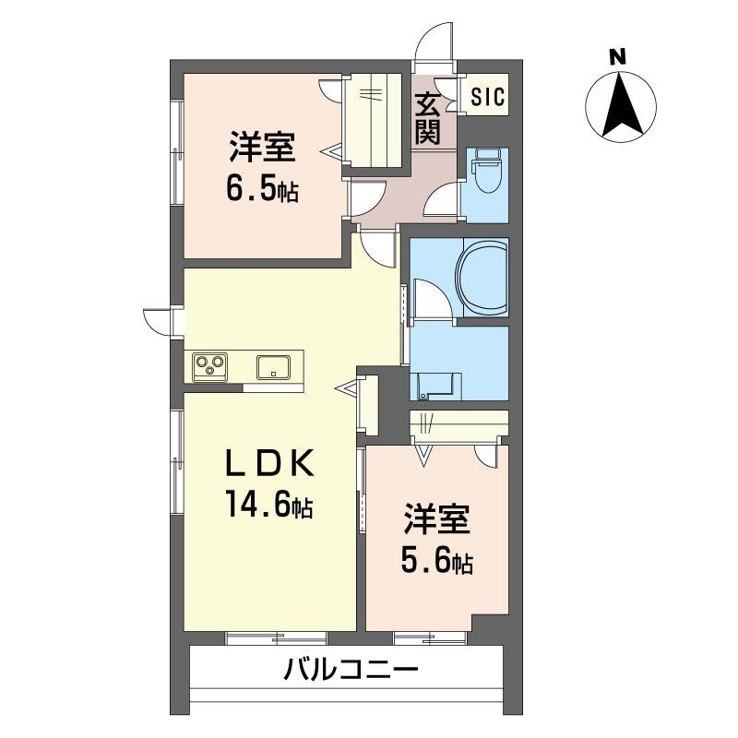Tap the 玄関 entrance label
[427, 120]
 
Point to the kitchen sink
[274, 366]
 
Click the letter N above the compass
[618, 57]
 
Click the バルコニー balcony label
[351, 669]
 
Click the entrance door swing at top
[435, 42]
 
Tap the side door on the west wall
[160, 320]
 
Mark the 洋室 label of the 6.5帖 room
[263, 148]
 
